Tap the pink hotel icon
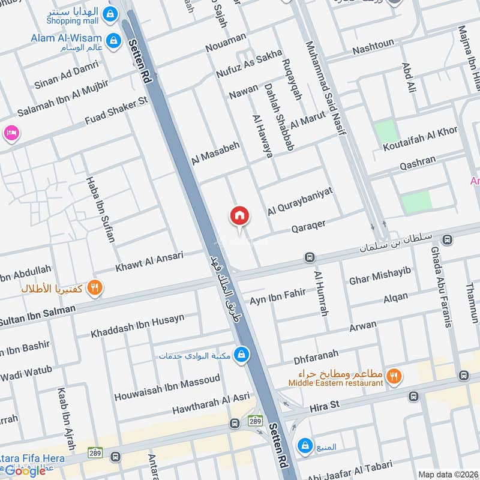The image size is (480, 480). click(x=10, y=133)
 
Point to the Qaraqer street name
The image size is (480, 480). click(x=308, y=226)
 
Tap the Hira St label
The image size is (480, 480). click(x=325, y=406)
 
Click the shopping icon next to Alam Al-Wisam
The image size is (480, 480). click(x=111, y=40)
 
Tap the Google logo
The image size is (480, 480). click(x=25, y=470)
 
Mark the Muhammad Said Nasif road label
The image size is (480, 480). click(x=326, y=87)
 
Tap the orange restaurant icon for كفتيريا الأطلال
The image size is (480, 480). click(x=94, y=288)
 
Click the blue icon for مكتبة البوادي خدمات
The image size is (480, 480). click(x=241, y=355)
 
